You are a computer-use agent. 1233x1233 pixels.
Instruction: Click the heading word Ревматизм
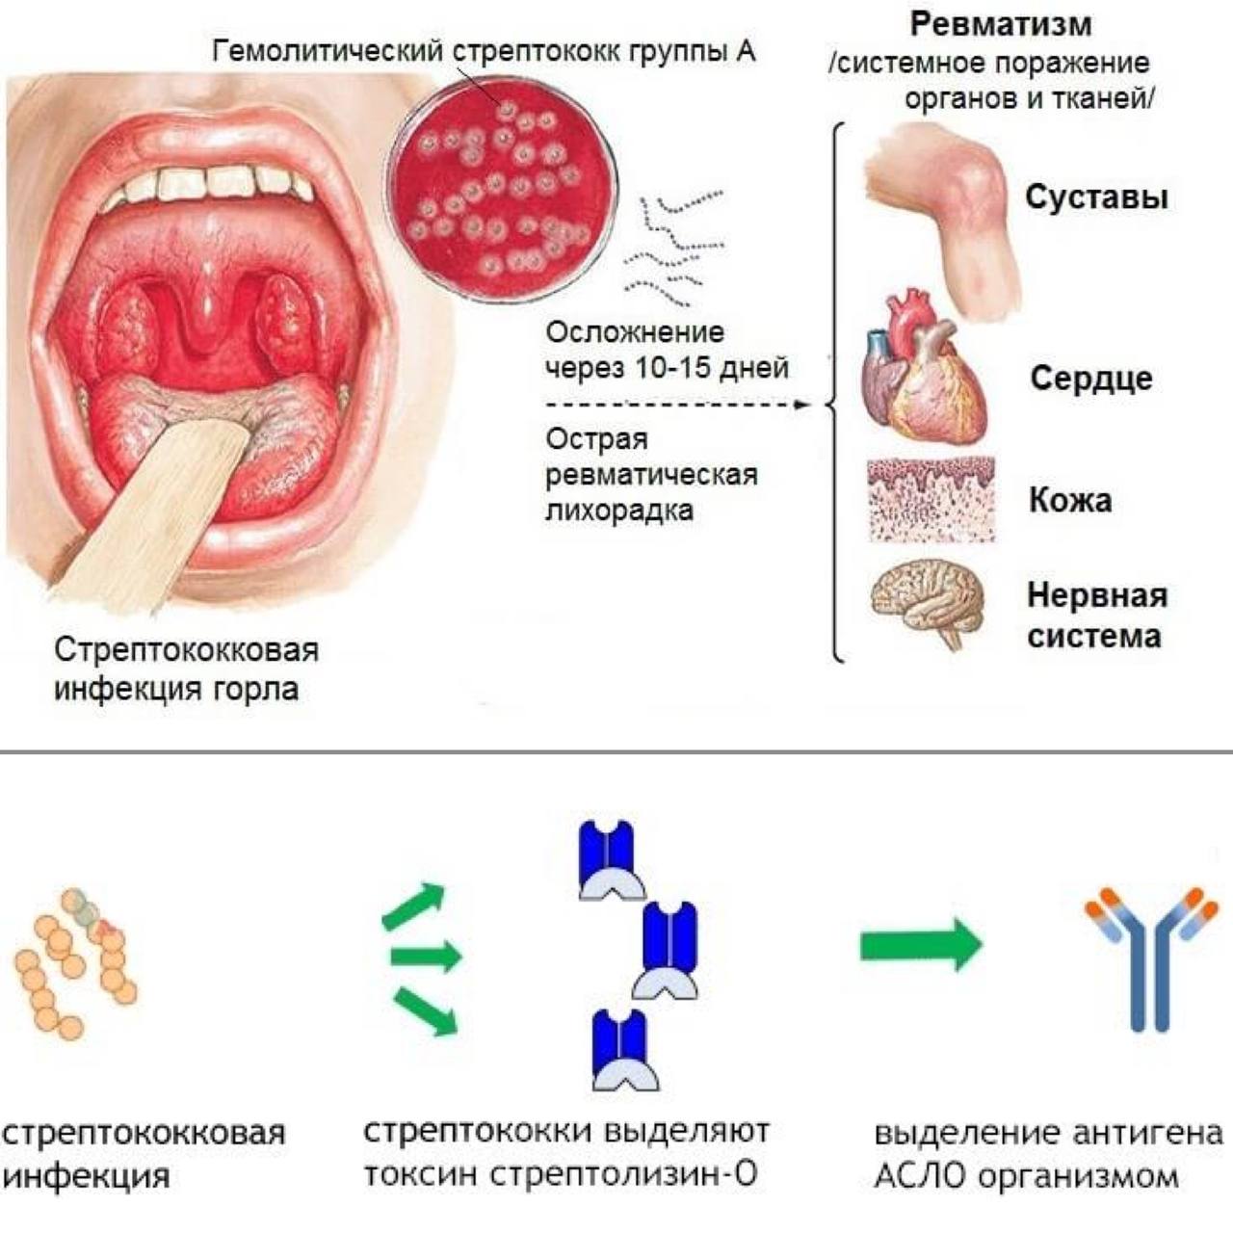(1001, 24)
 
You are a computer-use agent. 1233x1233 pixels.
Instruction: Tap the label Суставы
(1097, 197)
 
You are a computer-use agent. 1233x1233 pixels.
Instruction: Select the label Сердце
(1091, 379)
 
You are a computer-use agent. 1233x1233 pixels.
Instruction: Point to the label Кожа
(1070, 500)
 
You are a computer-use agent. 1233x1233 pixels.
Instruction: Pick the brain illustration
(927, 601)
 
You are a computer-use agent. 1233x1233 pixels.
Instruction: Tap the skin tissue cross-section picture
(931, 500)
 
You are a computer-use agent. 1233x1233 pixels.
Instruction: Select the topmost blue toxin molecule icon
(611, 860)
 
